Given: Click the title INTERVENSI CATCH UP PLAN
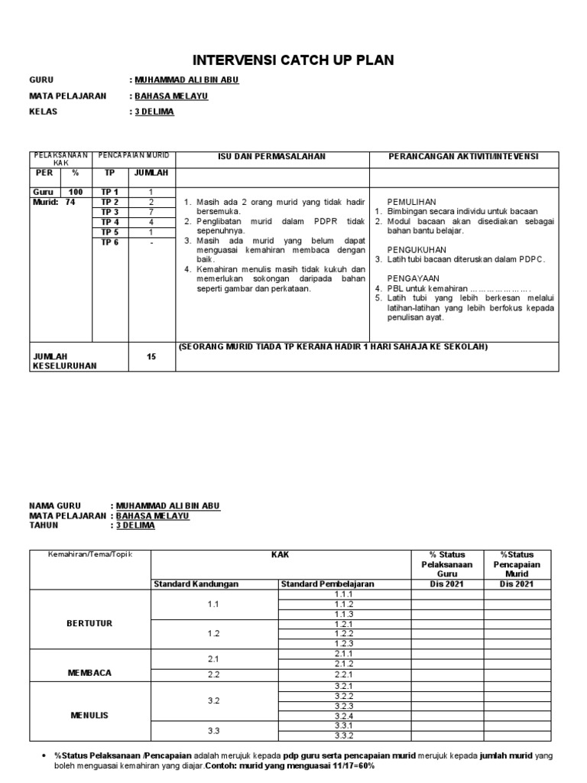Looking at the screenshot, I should click(293, 60).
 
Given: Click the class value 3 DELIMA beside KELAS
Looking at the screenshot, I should click(154, 112).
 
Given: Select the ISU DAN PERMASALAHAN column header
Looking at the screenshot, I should click(272, 156).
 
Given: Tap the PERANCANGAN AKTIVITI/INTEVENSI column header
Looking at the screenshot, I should click(464, 156).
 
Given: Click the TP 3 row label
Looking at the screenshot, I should click(110, 212).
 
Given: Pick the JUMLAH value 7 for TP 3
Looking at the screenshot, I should click(151, 212).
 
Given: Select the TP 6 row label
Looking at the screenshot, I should click(110, 242).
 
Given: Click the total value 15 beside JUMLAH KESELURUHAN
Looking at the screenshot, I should click(151, 356).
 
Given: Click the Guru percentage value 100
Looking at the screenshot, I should click(76, 192).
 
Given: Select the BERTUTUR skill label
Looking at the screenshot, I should click(89, 623).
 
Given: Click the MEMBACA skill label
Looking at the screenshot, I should click(89, 673).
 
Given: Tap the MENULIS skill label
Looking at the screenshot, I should click(89, 716).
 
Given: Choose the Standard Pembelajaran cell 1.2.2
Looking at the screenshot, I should click(343, 633).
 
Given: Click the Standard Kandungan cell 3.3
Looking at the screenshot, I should click(213, 731).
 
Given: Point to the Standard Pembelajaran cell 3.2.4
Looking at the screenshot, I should click(343, 716).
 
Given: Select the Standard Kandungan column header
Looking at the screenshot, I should click(196, 584).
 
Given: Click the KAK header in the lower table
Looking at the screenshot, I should click(281, 554).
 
